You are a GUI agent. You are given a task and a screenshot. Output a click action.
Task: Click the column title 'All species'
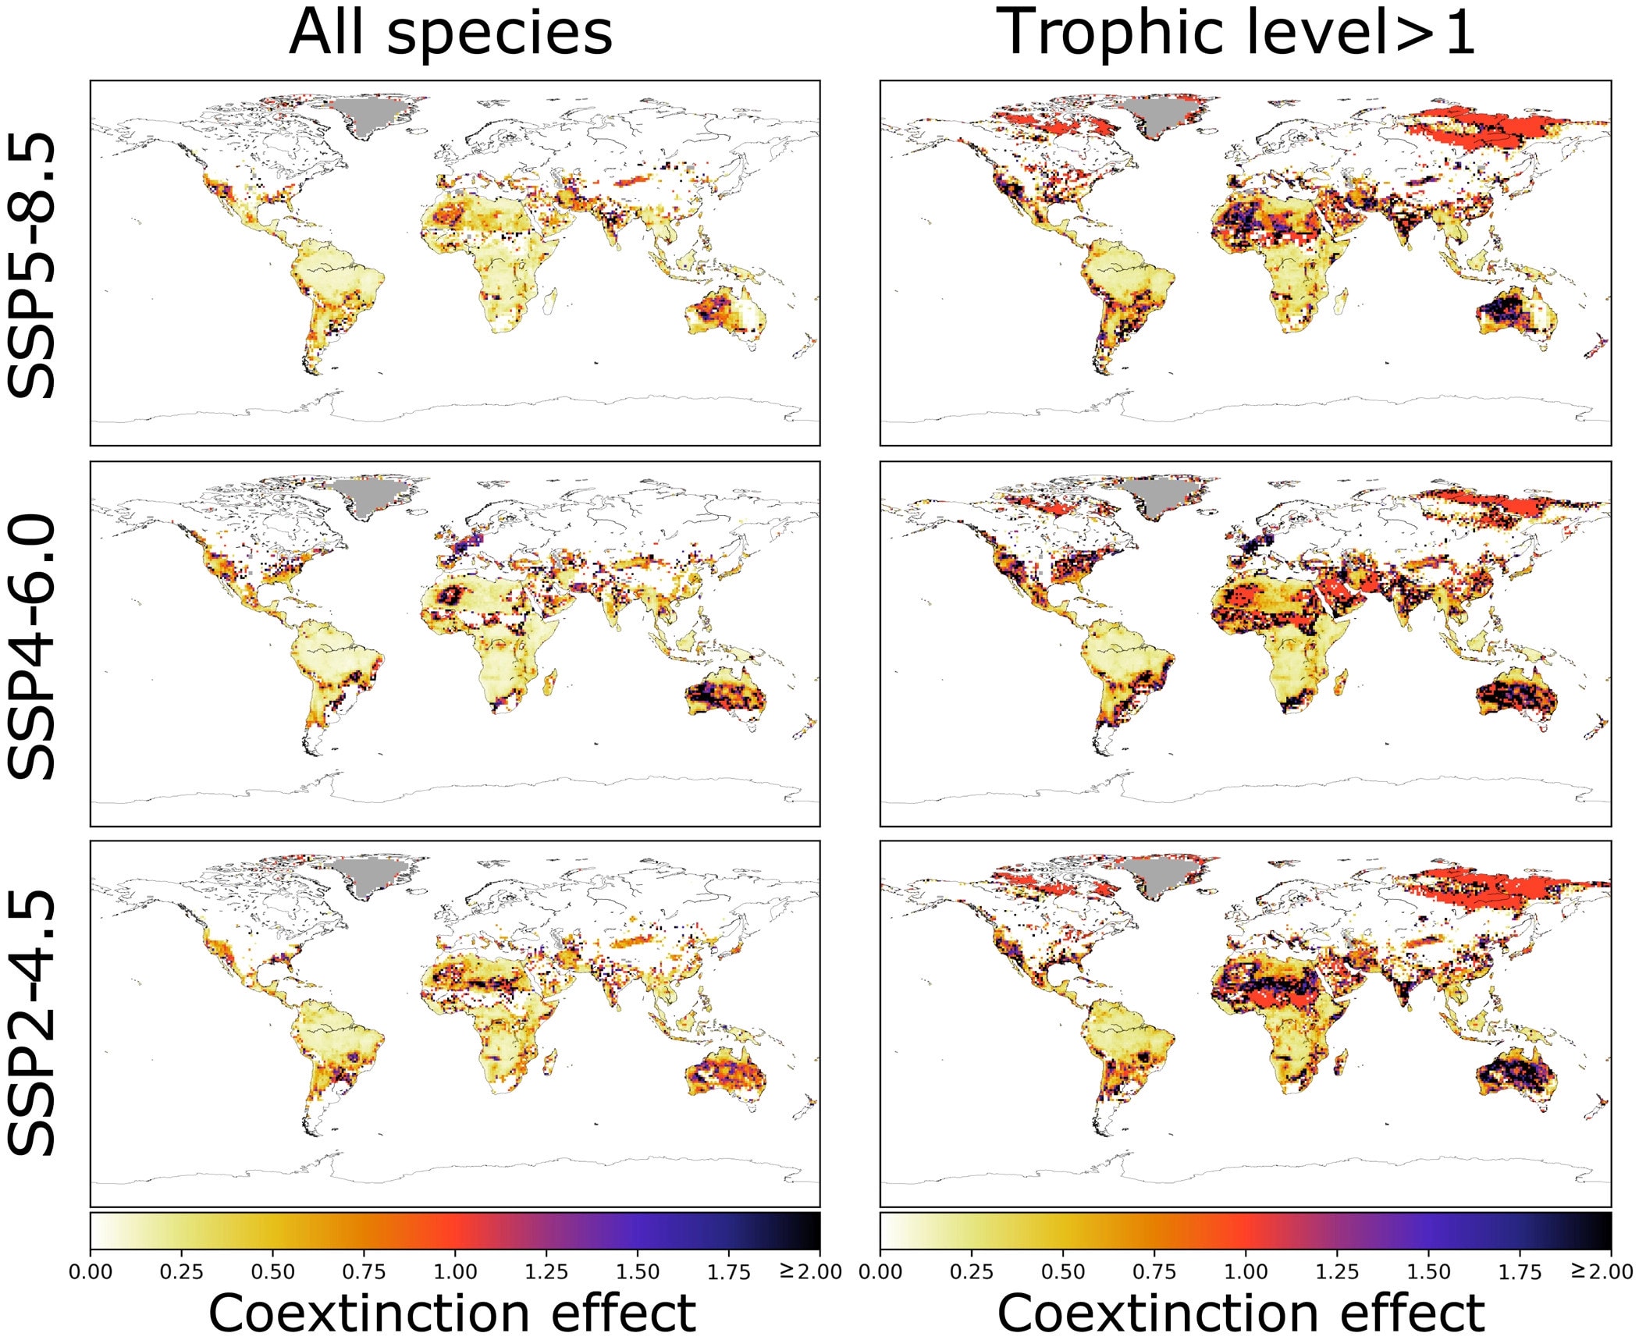click(x=450, y=35)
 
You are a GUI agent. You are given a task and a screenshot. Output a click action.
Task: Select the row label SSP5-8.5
click(x=33, y=265)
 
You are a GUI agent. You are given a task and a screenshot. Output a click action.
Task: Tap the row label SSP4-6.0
click(x=33, y=646)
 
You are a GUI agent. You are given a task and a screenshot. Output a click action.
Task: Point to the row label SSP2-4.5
click(x=33, y=1022)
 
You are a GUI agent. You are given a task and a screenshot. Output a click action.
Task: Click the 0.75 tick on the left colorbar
click(x=364, y=1272)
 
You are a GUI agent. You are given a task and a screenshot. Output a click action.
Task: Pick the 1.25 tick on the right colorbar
click(x=1337, y=1272)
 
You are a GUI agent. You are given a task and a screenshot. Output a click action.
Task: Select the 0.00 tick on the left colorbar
click(x=91, y=1272)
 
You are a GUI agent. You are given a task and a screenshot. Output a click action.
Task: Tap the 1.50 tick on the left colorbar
click(x=638, y=1272)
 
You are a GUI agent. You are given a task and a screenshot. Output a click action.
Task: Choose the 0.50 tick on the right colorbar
click(x=1063, y=1272)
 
